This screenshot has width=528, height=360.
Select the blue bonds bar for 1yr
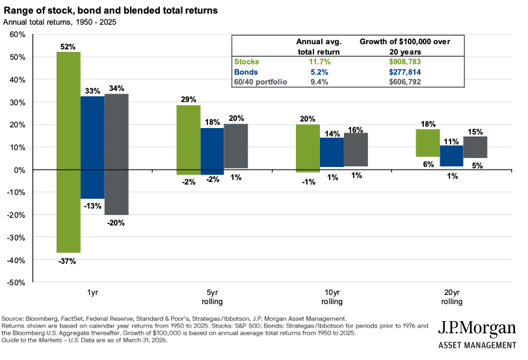92,148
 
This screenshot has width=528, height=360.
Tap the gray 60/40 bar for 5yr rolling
235,146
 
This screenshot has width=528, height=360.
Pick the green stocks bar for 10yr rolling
307,148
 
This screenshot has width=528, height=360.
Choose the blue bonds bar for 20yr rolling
451,156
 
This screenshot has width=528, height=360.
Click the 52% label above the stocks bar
68,47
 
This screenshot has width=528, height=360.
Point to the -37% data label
68,261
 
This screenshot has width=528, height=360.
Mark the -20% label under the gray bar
116,223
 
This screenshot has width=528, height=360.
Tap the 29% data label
189,99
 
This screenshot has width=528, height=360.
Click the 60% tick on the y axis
17,34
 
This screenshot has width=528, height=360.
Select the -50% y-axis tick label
16,283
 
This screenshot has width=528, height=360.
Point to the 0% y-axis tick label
20,170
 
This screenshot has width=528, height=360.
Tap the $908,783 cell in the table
404,62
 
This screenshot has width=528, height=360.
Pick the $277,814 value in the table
404,72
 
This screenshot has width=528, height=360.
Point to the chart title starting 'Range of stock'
111,11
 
